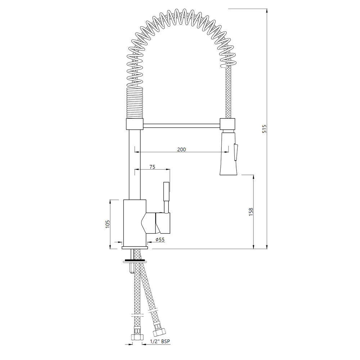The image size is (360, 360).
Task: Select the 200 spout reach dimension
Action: pos(181,149)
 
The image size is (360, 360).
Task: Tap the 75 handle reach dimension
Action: pos(152,166)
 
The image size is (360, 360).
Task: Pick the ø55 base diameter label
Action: pos(160,240)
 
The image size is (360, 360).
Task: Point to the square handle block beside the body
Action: pos(163,222)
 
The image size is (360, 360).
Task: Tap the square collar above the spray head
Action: pos(228,125)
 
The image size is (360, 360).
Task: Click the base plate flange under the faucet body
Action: pos(135,248)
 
